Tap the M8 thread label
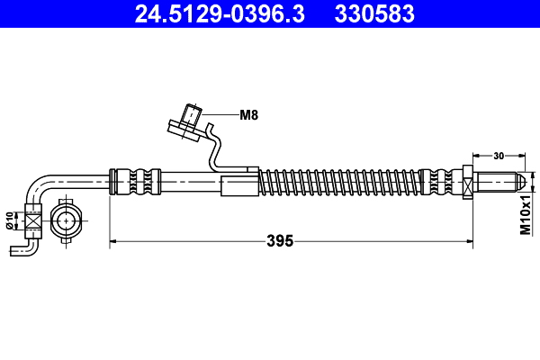(249, 114)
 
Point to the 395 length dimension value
(280, 241)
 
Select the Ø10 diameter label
(10, 220)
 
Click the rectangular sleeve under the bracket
(239, 186)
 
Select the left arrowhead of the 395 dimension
(114, 241)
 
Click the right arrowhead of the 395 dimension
(469, 241)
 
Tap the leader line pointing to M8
(220, 114)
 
